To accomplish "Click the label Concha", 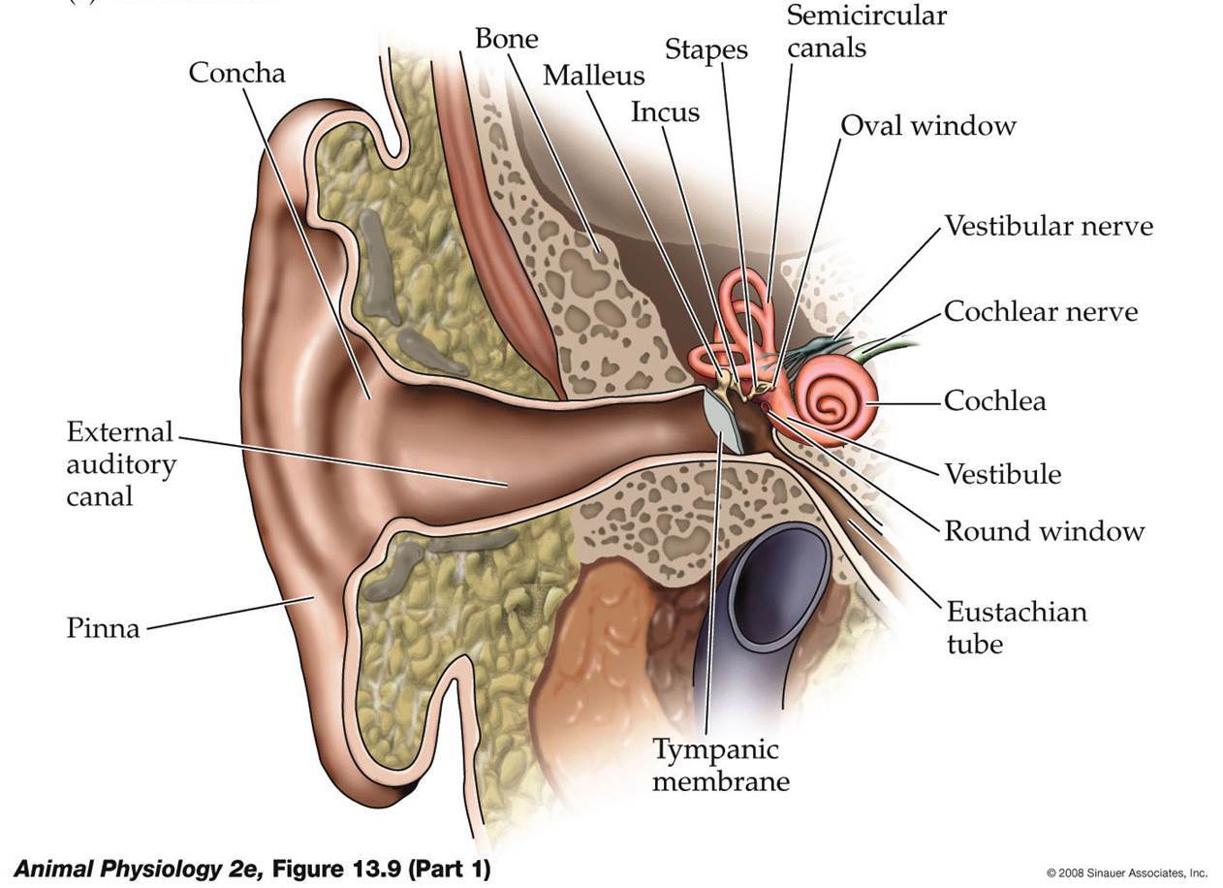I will (x=236, y=73).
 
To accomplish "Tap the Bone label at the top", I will (x=506, y=39).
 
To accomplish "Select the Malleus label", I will (x=593, y=76).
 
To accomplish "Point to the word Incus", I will (x=665, y=112).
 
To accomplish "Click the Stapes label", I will (x=706, y=49).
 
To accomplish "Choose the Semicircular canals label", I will (x=866, y=31).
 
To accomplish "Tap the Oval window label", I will (x=927, y=125).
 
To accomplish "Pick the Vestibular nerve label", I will (x=1049, y=226).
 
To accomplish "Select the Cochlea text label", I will (x=995, y=400).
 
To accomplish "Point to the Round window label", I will (x=1045, y=530).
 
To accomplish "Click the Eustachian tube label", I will (x=1017, y=627).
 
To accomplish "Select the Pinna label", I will (x=103, y=628).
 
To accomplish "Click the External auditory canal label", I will (x=121, y=463).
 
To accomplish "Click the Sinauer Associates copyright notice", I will (x=1126, y=872).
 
